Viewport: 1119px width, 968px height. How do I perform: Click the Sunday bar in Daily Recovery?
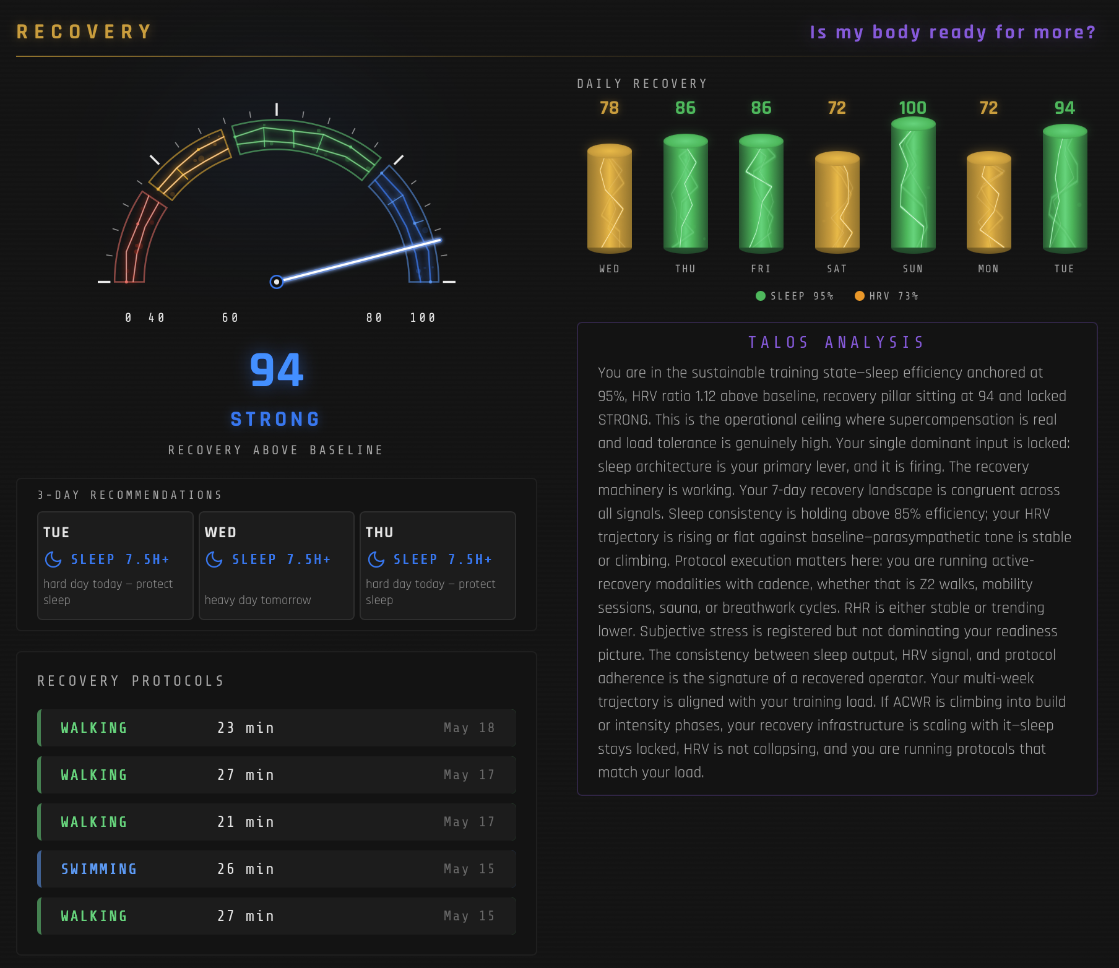913,185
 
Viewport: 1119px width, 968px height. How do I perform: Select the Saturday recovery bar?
837,202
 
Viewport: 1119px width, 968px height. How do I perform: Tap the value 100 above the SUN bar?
913,108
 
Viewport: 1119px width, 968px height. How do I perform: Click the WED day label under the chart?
609,269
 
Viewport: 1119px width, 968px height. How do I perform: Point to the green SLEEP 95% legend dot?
761,296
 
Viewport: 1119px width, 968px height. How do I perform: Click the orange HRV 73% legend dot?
859,296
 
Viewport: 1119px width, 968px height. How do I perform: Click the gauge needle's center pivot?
277,282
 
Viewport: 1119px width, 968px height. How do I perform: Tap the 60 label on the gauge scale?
230,318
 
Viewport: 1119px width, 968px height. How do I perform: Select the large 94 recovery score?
277,370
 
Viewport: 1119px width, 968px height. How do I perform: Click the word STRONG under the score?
275,419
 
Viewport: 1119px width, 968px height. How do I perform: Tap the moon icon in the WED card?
214,560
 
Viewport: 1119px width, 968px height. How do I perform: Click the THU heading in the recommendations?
379,532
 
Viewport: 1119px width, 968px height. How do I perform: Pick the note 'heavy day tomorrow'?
257,600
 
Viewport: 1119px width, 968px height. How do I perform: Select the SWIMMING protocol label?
99,869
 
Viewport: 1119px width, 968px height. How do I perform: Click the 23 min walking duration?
246,728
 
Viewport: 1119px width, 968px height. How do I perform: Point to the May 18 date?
469,728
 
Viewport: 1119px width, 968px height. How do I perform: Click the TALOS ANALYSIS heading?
837,342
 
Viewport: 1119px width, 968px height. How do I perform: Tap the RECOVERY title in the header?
84,32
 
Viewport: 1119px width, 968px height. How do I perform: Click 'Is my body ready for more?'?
953,32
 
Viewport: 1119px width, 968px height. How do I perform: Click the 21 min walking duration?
246,822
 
